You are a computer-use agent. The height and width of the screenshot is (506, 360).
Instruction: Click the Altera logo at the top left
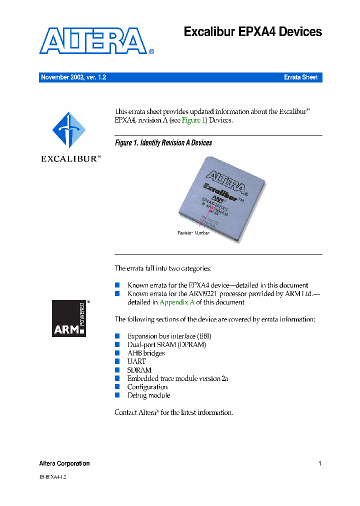point(93,41)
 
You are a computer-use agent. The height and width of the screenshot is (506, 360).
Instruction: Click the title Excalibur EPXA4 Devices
point(252,32)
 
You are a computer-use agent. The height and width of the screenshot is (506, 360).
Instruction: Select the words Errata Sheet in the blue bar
point(300,77)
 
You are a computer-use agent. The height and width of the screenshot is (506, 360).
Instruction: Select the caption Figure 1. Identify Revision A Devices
point(163,143)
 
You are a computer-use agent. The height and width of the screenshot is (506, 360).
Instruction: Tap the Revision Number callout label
point(193,233)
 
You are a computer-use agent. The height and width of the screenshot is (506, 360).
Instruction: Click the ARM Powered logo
point(69,318)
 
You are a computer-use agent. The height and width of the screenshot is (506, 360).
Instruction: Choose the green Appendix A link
point(177,302)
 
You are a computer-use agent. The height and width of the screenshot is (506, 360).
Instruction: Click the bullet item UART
point(136,361)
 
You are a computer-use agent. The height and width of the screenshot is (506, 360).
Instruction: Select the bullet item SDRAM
point(139,370)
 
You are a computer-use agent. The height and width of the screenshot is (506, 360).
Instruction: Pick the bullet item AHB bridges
point(146,353)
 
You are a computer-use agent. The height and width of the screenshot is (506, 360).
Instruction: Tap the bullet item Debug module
point(148,395)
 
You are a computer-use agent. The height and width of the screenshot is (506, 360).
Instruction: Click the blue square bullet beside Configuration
point(117,386)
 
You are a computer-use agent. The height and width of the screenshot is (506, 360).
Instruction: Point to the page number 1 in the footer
point(319,463)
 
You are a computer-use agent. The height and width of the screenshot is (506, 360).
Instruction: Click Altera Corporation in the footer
point(64,463)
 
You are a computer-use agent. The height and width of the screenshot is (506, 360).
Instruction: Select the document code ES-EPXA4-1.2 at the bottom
point(52,477)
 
